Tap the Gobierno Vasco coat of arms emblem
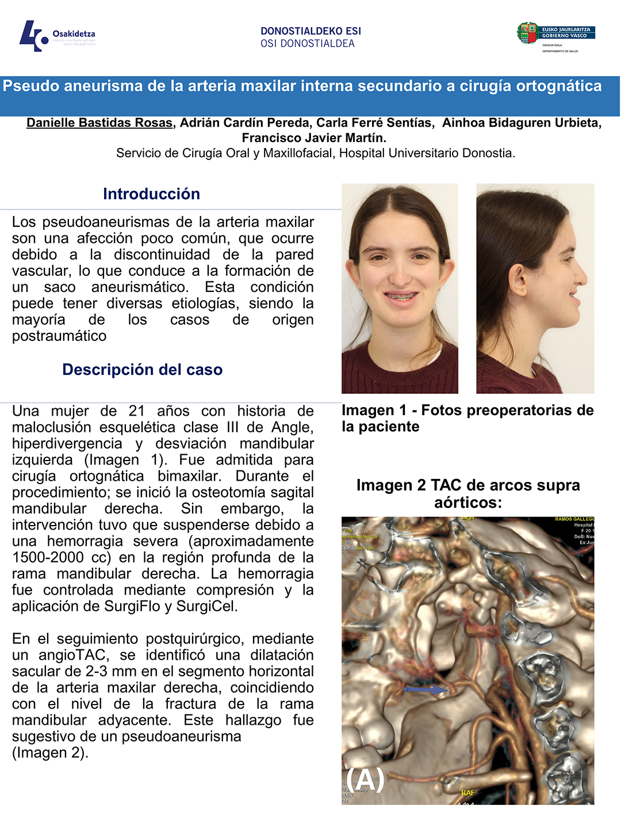tap(527, 33)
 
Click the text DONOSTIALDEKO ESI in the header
tap(310, 31)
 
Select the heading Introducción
tap(151, 194)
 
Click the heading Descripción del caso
tap(142, 370)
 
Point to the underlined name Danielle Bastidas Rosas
tap(99, 123)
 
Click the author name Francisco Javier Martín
tap(313, 138)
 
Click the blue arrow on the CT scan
tap(425, 689)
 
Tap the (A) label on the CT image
tap(366, 779)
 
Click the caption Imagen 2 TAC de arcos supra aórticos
tap(468, 493)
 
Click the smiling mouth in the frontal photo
tap(400, 297)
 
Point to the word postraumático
tap(59, 336)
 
